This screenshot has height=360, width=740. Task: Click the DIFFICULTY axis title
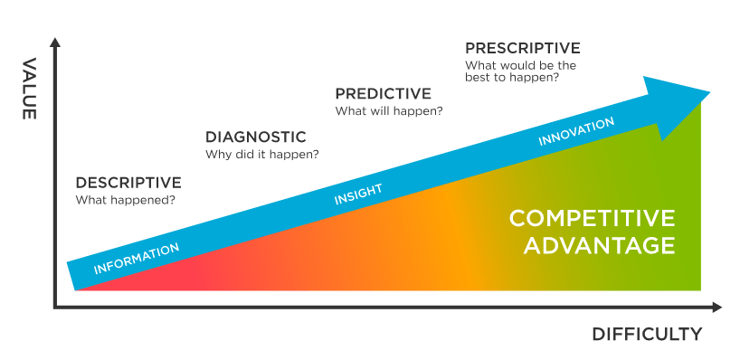(x=647, y=335)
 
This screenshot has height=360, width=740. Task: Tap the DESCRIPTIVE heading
(x=128, y=182)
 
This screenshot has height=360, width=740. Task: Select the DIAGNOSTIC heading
(x=255, y=137)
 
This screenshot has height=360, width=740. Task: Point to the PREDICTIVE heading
(x=383, y=94)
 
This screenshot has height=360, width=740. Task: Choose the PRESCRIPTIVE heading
(x=522, y=48)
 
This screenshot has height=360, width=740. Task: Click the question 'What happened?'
(x=125, y=199)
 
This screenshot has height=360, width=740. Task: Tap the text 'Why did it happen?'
(x=261, y=155)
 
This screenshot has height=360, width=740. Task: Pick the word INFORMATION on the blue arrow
(x=137, y=258)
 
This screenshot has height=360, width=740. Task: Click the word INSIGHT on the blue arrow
(x=358, y=194)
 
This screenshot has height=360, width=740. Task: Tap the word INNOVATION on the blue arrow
(x=576, y=132)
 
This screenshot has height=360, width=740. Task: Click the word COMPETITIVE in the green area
(x=592, y=219)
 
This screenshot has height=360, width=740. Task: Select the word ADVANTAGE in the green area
(x=592, y=245)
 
